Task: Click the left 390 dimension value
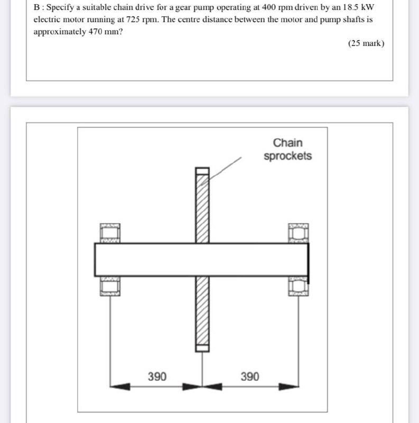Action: coord(157,376)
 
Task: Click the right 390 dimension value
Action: coord(250,376)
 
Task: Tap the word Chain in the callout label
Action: coord(288,143)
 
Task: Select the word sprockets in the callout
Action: coord(288,156)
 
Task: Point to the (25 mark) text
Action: coord(366,43)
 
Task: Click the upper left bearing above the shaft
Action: coord(110,233)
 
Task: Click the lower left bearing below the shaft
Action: coord(110,286)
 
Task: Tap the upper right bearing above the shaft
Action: coord(299,233)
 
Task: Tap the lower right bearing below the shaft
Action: coord(299,286)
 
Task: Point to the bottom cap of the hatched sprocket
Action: coord(203,347)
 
